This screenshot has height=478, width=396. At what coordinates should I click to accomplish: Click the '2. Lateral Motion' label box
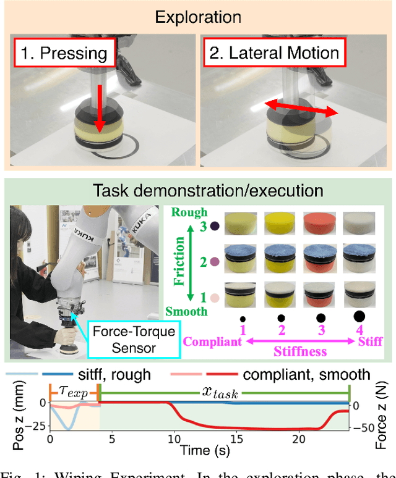click(x=274, y=52)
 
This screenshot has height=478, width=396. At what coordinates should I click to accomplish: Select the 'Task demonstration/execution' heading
click(x=198, y=191)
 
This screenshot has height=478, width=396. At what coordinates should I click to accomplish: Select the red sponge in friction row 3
click(x=320, y=227)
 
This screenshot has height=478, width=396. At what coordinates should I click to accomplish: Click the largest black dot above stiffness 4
click(x=359, y=316)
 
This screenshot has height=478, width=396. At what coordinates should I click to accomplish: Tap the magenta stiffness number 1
click(x=243, y=331)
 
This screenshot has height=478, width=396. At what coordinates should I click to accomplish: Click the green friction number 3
click(x=202, y=227)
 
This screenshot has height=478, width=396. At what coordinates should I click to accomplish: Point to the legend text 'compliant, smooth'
click(x=306, y=374)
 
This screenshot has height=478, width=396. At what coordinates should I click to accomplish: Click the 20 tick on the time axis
click(x=298, y=439)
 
